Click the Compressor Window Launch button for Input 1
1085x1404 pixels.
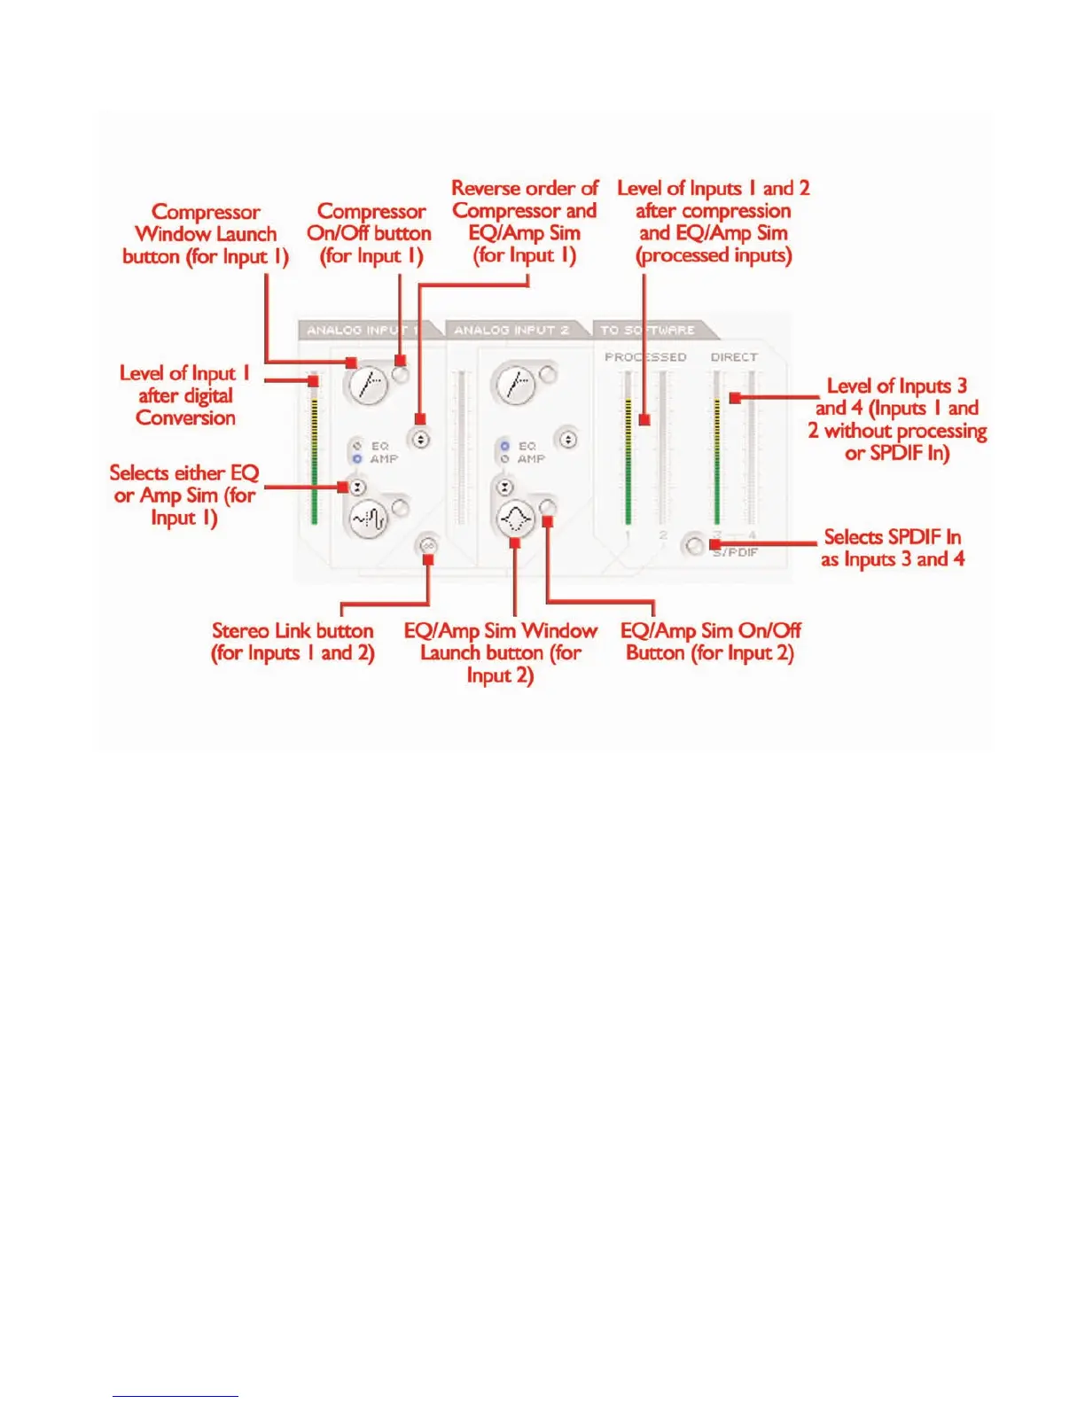click(368, 385)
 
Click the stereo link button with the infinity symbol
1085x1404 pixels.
click(427, 546)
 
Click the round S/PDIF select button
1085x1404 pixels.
click(693, 545)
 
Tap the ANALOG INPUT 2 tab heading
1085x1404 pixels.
click(511, 330)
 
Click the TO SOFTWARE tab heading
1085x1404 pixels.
click(647, 330)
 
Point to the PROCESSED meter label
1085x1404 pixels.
click(645, 357)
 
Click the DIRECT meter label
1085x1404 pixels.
click(734, 357)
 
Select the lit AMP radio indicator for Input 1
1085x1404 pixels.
click(357, 459)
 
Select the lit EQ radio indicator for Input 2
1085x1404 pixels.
click(504, 446)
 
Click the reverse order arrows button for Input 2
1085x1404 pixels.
click(567, 439)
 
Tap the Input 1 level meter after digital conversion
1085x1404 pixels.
click(314, 452)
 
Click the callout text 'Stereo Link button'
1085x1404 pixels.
click(293, 631)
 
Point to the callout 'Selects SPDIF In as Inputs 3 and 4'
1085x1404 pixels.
click(892, 548)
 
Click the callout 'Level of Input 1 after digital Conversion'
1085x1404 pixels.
click(185, 395)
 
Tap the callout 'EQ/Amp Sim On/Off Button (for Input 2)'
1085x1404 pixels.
click(710, 642)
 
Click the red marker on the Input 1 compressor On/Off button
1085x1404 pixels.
click(400, 361)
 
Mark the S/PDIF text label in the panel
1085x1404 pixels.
click(736, 552)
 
